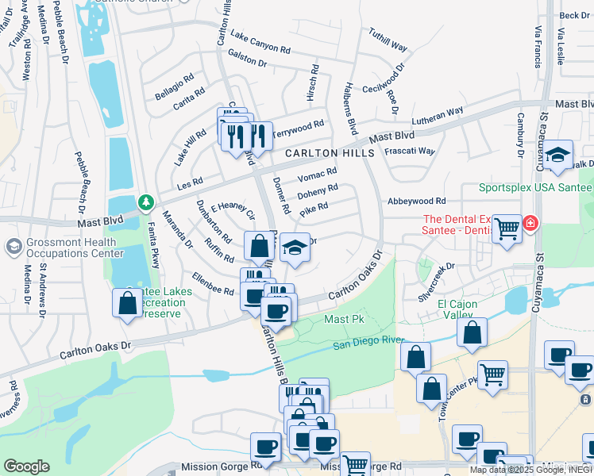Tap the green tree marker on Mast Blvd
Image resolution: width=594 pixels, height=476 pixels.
click(145, 204)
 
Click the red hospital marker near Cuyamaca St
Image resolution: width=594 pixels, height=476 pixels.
click(529, 225)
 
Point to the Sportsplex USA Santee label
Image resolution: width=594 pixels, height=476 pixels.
click(535, 187)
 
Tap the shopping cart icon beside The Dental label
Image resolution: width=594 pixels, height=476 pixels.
click(506, 229)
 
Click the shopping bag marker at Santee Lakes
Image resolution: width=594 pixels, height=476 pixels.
click(127, 302)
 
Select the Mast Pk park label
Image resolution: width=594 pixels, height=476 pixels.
click(344, 319)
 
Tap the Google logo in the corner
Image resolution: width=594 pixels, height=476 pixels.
click(26, 466)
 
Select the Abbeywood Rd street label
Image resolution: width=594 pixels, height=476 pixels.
click(416, 202)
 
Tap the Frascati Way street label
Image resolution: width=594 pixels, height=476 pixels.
click(410, 151)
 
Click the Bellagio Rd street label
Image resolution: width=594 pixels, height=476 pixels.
click(174, 88)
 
